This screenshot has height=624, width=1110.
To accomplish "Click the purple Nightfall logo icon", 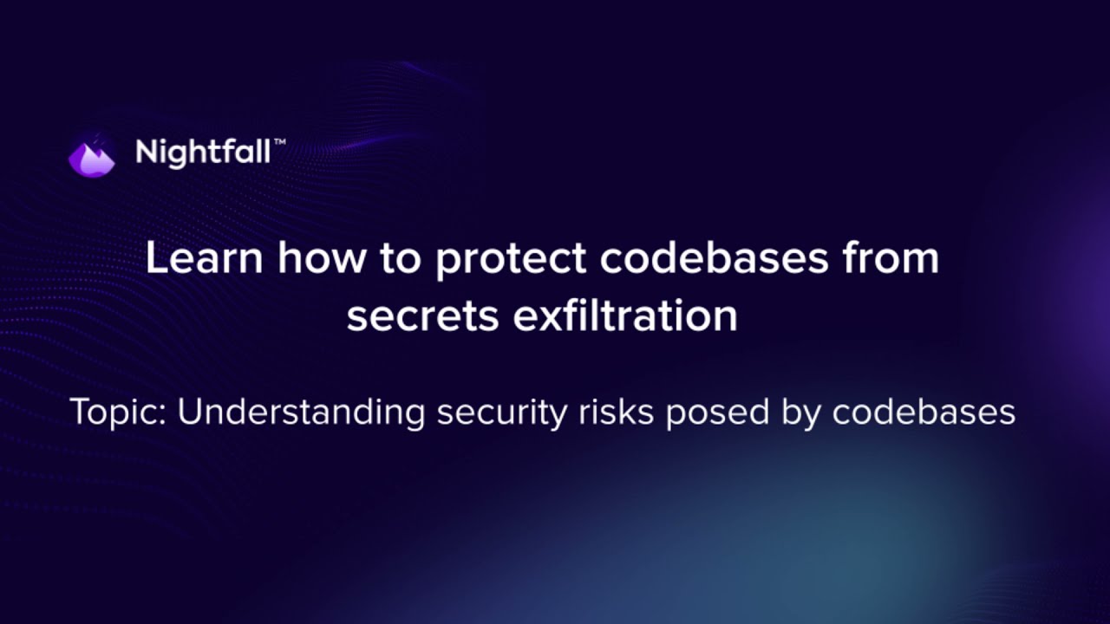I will [x=92, y=156].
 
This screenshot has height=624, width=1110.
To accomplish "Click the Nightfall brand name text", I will [x=204, y=153].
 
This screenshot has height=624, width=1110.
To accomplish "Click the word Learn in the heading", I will [x=203, y=259].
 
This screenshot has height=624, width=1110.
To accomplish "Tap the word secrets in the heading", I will [x=422, y=316].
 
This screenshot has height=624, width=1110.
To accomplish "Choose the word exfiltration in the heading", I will [x=625, y=315].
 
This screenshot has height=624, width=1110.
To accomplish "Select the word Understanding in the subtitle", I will [x=301, y=413].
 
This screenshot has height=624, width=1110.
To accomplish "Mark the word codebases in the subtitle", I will [x=924, y=413].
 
